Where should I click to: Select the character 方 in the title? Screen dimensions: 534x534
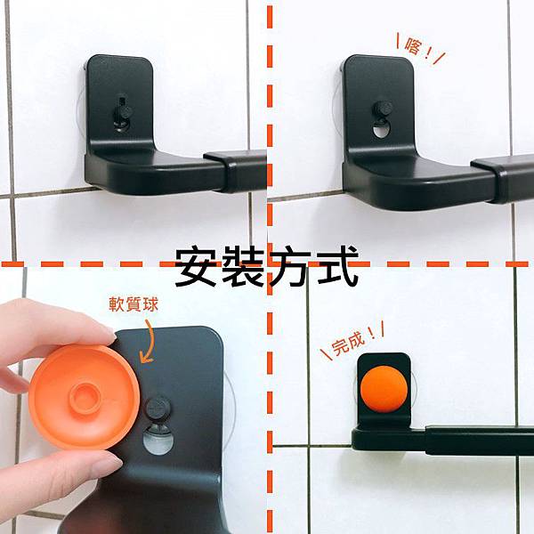point(289,266)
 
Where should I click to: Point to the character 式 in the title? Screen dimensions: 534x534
point(336,266)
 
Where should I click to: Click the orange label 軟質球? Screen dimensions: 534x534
point(133,303)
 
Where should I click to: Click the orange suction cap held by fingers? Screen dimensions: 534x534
point(84,396)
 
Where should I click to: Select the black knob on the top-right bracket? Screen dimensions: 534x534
point(382,109)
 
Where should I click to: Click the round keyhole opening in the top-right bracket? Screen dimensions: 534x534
point(380,132)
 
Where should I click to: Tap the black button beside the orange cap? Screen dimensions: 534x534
point(158,408)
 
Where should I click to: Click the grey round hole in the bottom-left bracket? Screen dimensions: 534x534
point(158,440)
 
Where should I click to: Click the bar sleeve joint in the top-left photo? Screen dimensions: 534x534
point(235,171)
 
